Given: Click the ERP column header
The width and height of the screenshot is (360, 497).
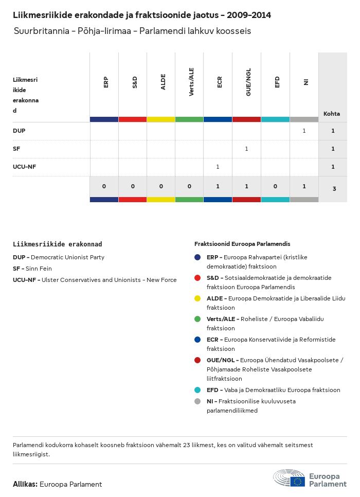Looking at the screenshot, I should point(105,82).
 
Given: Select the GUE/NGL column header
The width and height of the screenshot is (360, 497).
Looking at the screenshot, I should point(248,84).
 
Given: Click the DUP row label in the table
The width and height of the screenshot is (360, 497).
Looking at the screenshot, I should point(19,131).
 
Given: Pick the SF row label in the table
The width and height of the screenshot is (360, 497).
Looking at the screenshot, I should point(16,149).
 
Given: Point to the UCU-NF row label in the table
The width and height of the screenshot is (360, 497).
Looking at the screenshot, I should point(24,167).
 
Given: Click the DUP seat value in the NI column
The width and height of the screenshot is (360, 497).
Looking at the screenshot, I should point(304,131).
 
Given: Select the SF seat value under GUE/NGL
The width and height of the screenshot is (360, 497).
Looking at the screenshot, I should point(246,149).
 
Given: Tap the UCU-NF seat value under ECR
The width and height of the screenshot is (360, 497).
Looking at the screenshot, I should point(218,167).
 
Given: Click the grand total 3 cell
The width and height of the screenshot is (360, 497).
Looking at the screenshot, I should point(334,189).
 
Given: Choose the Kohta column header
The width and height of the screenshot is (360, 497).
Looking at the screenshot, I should point(332,114).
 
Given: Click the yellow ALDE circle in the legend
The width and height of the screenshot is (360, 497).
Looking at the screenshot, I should point(197,298).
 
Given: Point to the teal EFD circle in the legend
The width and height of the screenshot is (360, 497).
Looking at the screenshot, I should point(197,390).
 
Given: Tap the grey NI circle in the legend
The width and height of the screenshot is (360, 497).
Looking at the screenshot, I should point(197,401).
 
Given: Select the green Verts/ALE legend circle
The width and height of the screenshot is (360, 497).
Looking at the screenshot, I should point(197,319).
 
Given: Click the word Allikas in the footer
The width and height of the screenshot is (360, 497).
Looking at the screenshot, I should point(25,484).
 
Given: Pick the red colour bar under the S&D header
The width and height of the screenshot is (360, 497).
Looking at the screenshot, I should point(133,119).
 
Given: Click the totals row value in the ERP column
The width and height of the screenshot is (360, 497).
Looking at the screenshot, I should point(104,186).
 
